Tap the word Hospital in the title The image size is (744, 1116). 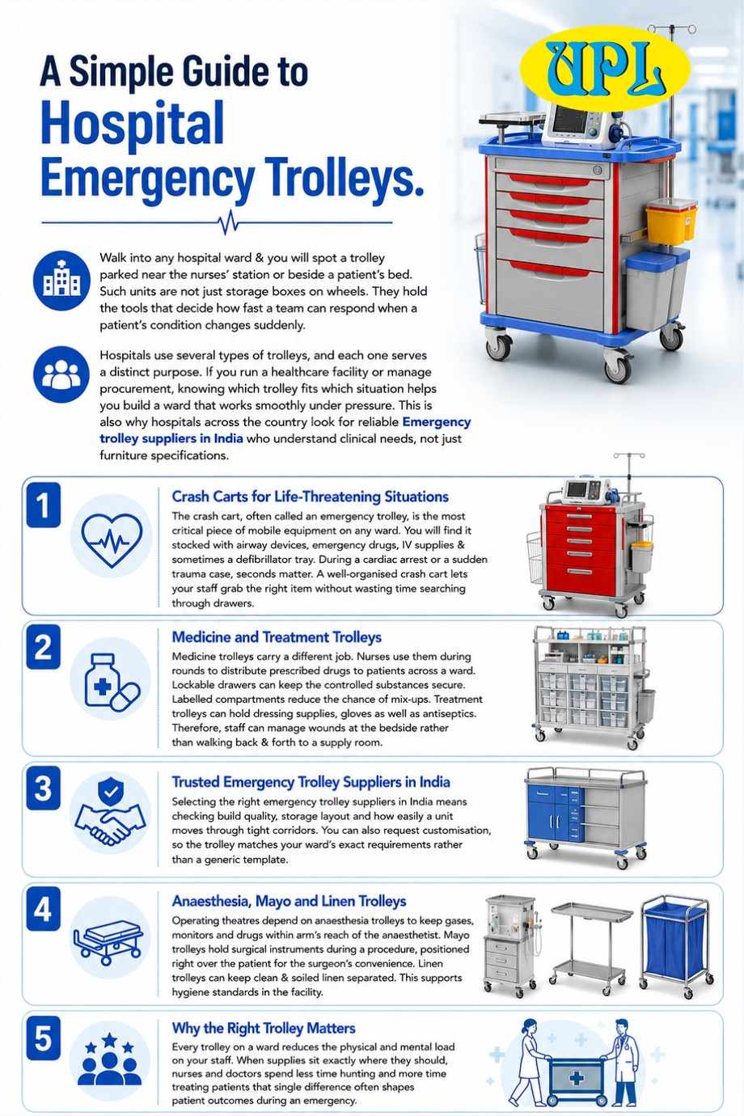pyautogui.click(x=132, y=124)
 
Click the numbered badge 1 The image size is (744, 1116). pyautogui.click(x=44, y=505)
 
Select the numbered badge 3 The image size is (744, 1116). pyautogui.click(x=44, y=788)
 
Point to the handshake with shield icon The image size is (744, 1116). pyautogui.click(x=110, y=813)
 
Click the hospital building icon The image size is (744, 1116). pyautogui.click(x=61, y=281)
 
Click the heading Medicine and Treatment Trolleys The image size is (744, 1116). pyautogui.click(x=277, y=637)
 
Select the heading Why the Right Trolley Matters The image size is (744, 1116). pyautogui.click(x=264, y=1029)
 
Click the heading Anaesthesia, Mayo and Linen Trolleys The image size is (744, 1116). pyautogui.click(x=289, y=901)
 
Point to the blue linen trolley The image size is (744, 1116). pyautogui.click(x=676, y=949)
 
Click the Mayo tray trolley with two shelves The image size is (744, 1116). pyautogui.click(x=591, y=947)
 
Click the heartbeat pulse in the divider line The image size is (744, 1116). pyautogui.click(x=229, y=222)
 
